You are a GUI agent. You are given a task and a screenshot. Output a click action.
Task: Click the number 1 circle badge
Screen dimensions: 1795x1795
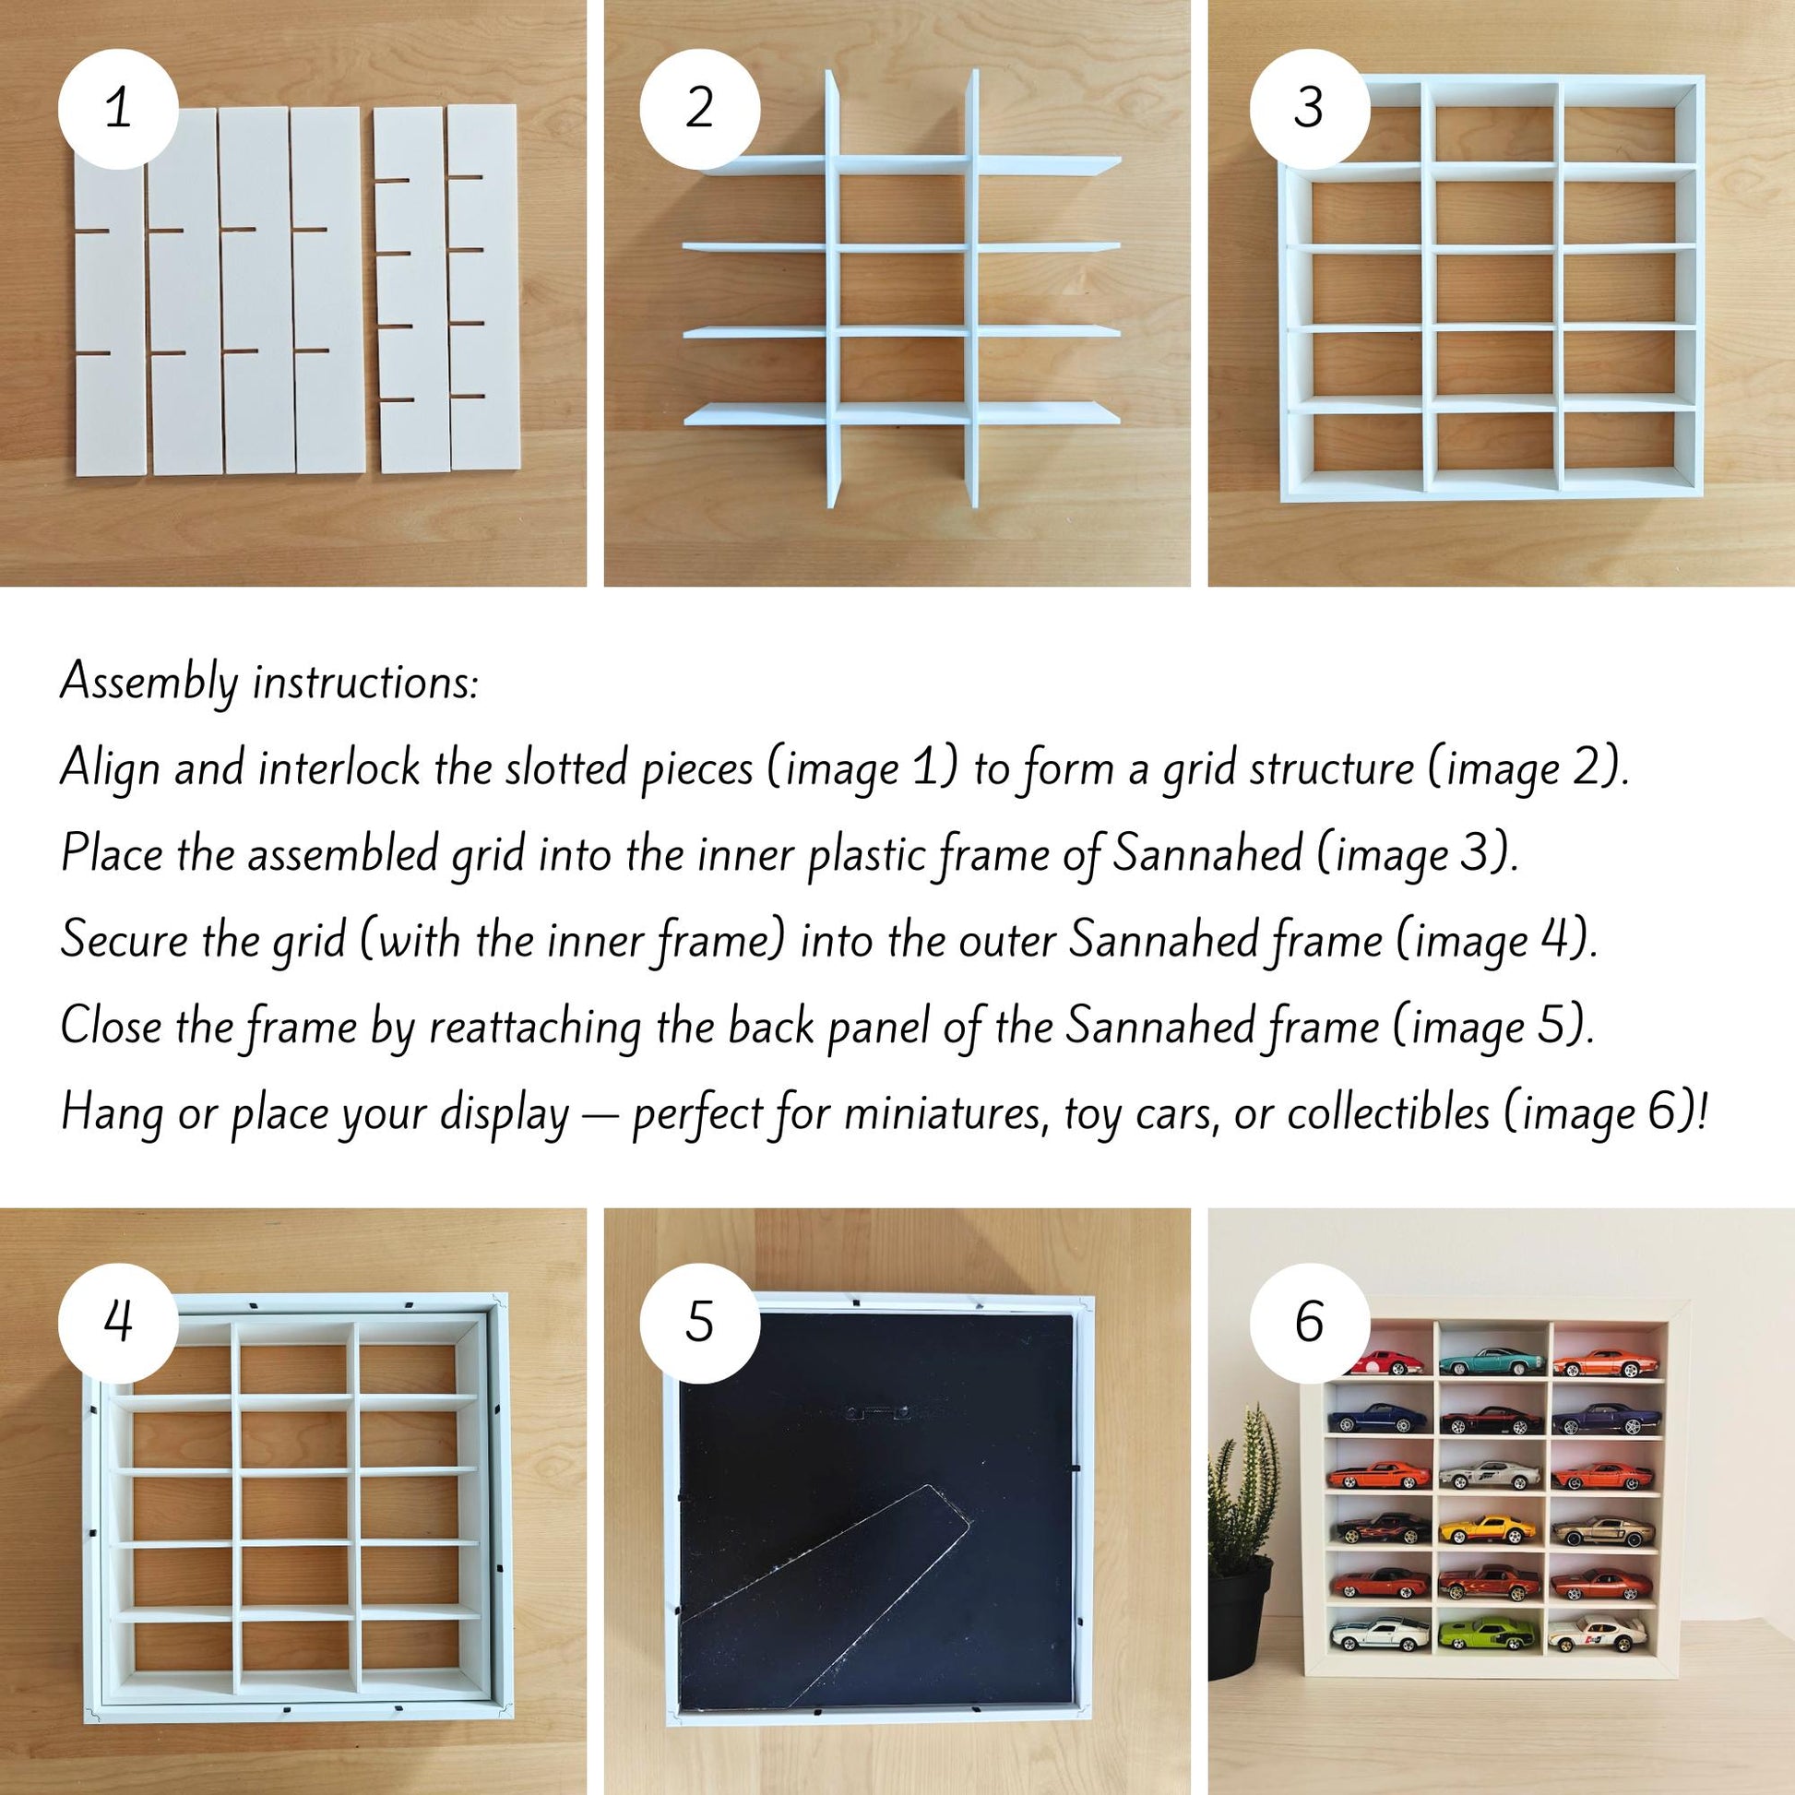click(x=118, y=109)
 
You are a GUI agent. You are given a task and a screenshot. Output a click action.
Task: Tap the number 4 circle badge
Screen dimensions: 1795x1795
click(x=118, y=1322)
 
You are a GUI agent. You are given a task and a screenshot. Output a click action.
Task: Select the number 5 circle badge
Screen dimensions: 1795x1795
click(x=699, y=1322)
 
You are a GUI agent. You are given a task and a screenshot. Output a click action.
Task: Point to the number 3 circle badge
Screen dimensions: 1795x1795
click(x=1309, y=109)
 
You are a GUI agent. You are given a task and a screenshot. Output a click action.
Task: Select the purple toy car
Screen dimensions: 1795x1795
click(x=1603, y=1418)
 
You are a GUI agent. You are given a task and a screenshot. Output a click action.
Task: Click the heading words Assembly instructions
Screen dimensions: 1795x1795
click(x=269, y=682)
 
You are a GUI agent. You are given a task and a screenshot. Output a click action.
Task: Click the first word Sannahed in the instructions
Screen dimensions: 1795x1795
click(x=1207, y=853)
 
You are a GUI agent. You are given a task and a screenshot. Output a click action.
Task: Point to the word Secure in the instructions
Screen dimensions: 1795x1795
click(x=125, y=940)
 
